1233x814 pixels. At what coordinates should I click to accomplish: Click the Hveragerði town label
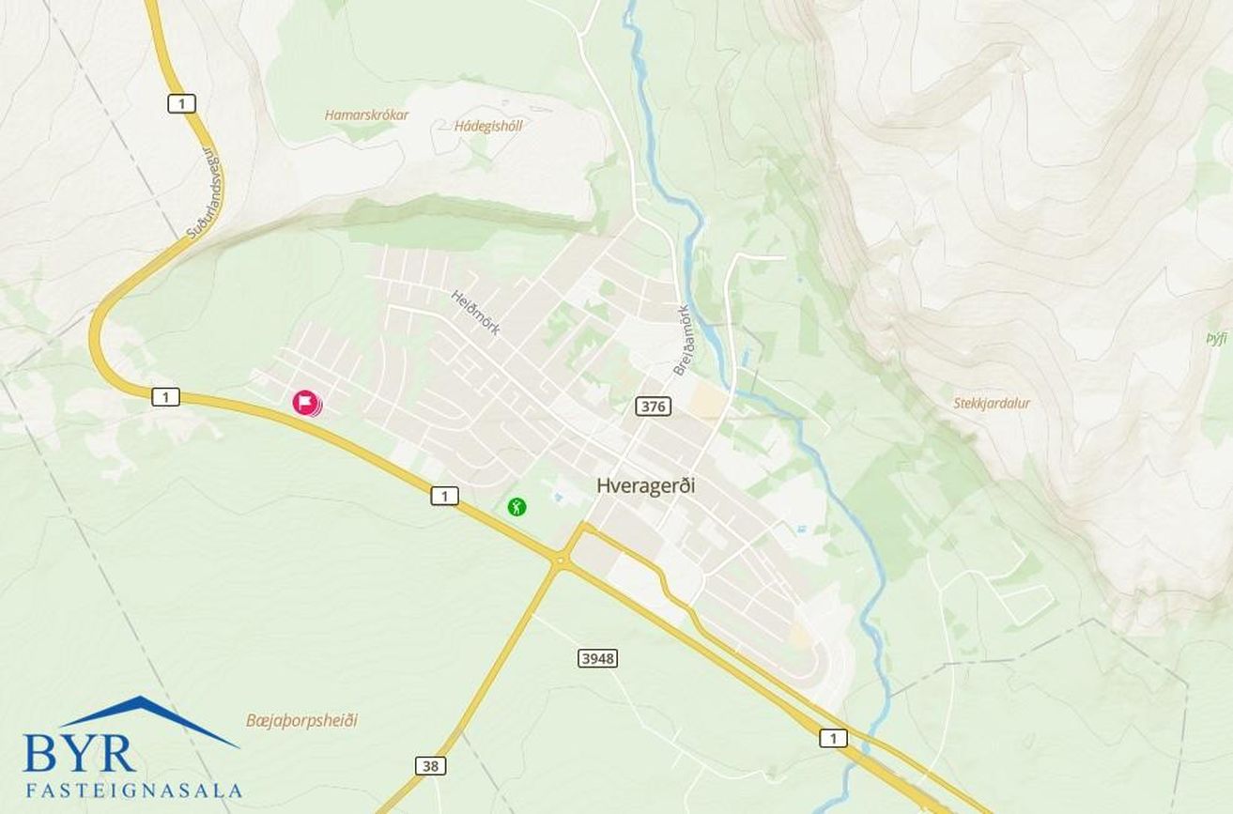click(653, 485)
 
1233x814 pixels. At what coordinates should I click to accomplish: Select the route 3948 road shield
click(597, 658)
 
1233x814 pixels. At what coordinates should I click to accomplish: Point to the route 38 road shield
click(430, 766)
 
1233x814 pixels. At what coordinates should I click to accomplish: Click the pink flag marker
click(304, 403)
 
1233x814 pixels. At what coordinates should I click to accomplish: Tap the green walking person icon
click(516, 507)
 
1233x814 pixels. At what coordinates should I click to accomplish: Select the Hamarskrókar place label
click(367, 115)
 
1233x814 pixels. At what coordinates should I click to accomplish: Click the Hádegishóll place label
click(487, 126)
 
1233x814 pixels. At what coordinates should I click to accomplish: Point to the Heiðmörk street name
click(476, 312)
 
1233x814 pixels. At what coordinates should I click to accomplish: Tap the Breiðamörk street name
click(681, 339)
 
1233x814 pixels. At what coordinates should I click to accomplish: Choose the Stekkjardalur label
click(992, 404)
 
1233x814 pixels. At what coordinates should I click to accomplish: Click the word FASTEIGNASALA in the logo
click(133, 791)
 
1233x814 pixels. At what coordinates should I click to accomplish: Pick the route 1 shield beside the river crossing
click(832, 738)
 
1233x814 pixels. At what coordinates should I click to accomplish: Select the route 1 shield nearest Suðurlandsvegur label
click(181, 103)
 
